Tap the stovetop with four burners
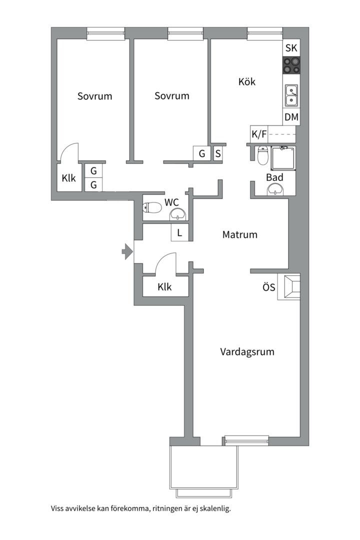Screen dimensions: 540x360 coord(291,65)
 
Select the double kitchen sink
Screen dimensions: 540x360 coord(291,95)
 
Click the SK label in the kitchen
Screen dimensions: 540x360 coord(291,48)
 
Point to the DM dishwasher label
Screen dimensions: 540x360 coord(291,117)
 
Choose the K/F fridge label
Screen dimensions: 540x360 coord(259,134)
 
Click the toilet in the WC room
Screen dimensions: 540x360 coord(152,207)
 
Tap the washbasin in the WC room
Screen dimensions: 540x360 coord(178,214)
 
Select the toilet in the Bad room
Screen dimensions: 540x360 coord(262,155)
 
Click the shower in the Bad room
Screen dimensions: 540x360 coord(283,157)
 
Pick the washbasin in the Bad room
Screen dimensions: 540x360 coord(275,189)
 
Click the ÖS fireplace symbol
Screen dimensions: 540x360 coord(291,287)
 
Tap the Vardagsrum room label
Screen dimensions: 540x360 coord(247,351)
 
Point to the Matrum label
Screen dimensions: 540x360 coord(240,234)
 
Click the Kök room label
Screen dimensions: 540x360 coord(247,81)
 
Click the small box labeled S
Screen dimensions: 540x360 coord(218,153)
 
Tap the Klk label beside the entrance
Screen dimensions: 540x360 coord(164,287)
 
